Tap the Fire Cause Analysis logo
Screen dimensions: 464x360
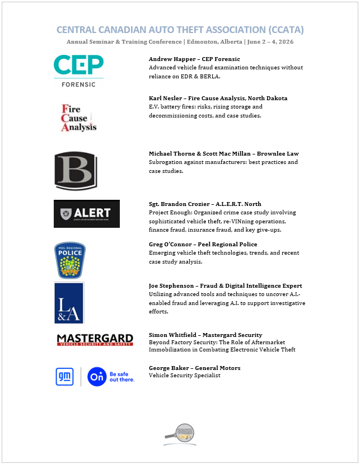(x=78, y=117)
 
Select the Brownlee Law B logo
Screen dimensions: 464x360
(x=76, y=171)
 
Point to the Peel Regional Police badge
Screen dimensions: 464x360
(x=69, y=260)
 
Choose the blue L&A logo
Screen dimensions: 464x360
(x=69, y=303)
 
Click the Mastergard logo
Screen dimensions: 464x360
(x=95, y=339)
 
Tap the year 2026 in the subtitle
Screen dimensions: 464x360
(x=286, y=42)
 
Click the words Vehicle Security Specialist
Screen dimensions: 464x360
(x=185, y=376)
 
